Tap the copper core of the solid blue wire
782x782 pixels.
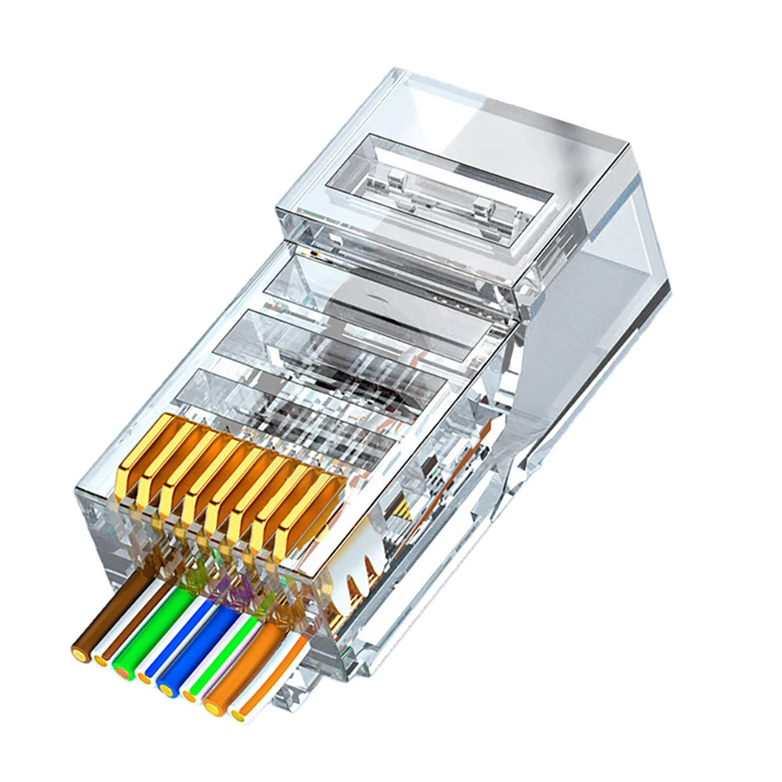[x=165, y=687]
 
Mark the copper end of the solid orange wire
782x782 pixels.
[x=212, y=708]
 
